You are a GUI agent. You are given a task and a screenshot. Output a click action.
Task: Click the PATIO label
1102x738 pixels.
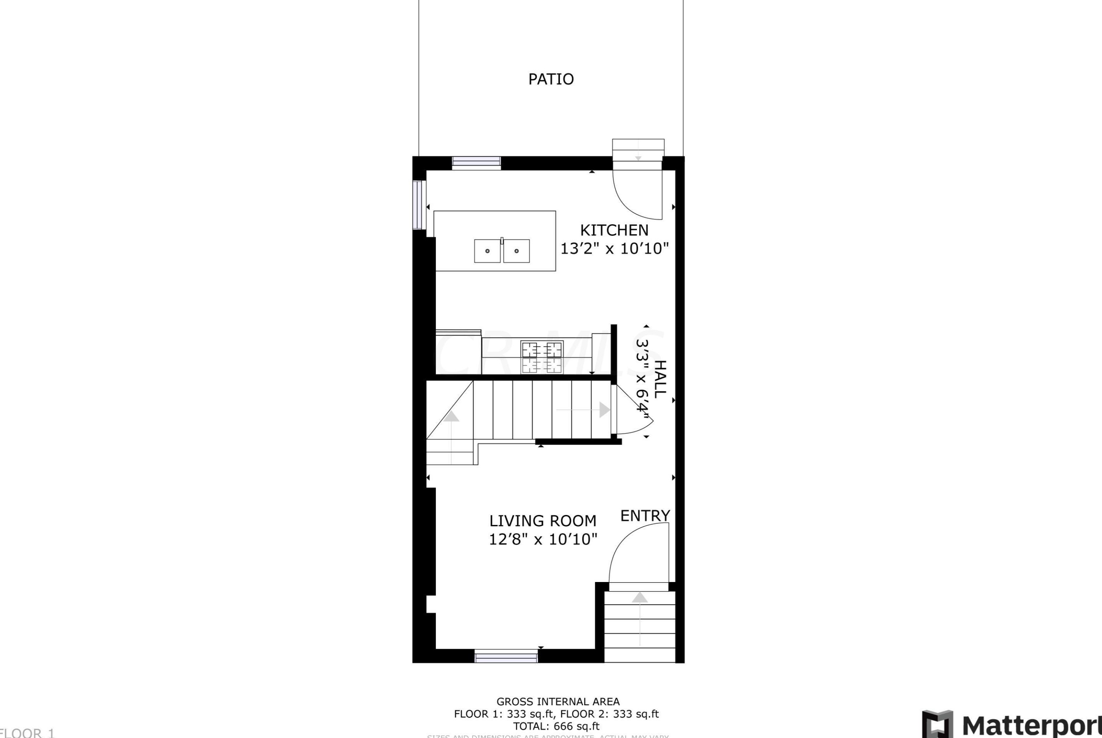pyautogui.click(x=551, y=79)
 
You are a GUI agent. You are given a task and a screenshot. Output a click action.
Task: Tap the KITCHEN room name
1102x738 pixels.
pyautogui.click(x=614, y=230)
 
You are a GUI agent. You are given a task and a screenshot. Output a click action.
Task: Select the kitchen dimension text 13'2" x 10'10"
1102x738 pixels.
pyautogui.click(x=614, y=248)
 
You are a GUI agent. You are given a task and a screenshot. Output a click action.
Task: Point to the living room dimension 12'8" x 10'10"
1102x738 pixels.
pyautogui.click(x=543, y=539)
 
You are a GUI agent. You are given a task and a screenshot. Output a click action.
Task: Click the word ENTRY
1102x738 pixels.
pyautogui.click(x=645, y=515)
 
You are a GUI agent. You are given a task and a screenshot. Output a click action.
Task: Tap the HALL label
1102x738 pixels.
pyautogui.click(x=660, y=379)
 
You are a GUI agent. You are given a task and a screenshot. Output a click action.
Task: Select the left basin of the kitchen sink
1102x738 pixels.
pyautogui.click(x=487, y=251)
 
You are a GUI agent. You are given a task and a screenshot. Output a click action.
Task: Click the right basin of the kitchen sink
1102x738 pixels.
pyautogui.click(x=516, y=251)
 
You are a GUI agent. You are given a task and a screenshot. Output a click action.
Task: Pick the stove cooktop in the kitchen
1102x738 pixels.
pyautogui.click(x=542, y=357)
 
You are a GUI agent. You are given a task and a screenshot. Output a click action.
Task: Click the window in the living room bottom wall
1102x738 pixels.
pyautogui.click(x=506, y=656)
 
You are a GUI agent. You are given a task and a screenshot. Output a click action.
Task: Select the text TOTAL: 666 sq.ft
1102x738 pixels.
pyautogui.click(x=556, y=726)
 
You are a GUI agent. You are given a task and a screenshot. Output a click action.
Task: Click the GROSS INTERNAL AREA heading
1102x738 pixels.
pyautogui.click(x=558, y=701)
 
